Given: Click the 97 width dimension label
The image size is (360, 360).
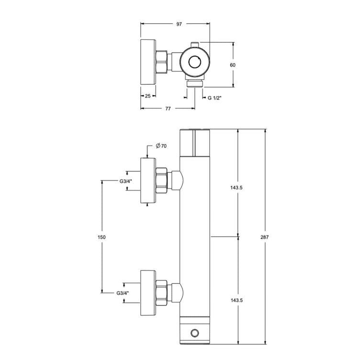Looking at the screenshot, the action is click(x=179, y=24).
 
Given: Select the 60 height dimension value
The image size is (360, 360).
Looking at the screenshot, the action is click(x=233, y=65).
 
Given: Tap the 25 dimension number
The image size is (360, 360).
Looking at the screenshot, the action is click(x=148, y=96).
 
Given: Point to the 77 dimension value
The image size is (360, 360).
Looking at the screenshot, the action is click(x=168, y=109).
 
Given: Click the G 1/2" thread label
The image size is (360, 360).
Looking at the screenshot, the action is click(x=214, y=98).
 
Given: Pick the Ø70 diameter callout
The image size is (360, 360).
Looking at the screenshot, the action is click(x=161, y=146).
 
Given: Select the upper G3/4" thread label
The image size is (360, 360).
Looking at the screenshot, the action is click(x=126, y=181).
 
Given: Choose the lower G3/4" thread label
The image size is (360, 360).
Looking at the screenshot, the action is click(x=123, y=293).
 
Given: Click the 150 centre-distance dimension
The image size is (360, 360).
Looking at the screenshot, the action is click(x=101, y=237).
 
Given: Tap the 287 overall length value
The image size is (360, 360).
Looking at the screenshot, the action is click(x=264, y=237).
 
